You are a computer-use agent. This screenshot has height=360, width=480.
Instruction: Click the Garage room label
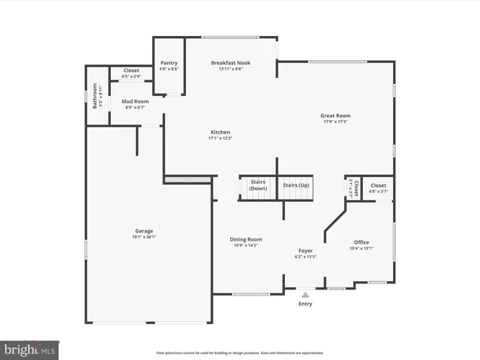pyautogui.click(x=143, y=231)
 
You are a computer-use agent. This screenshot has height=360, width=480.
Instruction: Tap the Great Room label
pyautogui.click(x=335, y=115)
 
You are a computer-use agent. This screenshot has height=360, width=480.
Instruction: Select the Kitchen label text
pyautogui.click(x=220, y=132)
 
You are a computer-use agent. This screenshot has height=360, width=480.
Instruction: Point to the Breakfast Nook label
pyautogui.click(x=231, y=63)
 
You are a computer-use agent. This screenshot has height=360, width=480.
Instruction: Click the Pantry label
pyautogui.click(x=169, y=63)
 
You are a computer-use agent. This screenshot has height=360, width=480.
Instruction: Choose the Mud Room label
pyautogui.click(x=135, y=101)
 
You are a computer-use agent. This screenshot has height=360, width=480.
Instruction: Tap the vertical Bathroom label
pyautogui.click(x=94, y=95)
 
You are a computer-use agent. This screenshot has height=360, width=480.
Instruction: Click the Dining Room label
pyautogui.click(x=246, y=239)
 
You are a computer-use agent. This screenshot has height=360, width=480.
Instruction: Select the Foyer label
pyautogui.click(x=305, y=250)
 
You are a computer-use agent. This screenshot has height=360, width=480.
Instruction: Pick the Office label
pyautogui.click(x=361, y=242)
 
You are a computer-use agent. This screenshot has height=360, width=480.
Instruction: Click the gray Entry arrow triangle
pyautogui.click(x=305, y=295)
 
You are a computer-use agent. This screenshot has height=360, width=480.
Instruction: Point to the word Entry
pyautogui.click(x=305, y=304)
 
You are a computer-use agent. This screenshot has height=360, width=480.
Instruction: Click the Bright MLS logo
pyautogui.click(x=29, y=349)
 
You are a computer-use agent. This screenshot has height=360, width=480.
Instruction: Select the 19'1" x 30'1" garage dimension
pyautogui.click(x=143, y=237)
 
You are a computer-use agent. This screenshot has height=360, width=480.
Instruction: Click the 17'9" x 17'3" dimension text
pyautogui.click(x=335, y=121)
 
